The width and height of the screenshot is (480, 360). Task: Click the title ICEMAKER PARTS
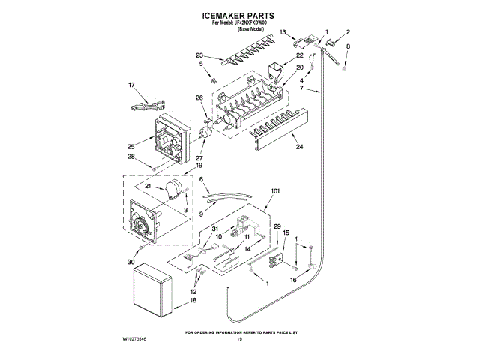(239, 15)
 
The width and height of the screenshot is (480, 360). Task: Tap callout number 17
(132, 85)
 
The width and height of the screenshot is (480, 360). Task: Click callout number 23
(199, 55)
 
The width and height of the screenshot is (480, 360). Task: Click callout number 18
(193, 300)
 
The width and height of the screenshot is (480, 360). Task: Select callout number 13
(283, 32)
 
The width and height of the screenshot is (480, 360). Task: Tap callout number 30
(132, 262)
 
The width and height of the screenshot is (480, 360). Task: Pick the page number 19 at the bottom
(239, 340)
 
